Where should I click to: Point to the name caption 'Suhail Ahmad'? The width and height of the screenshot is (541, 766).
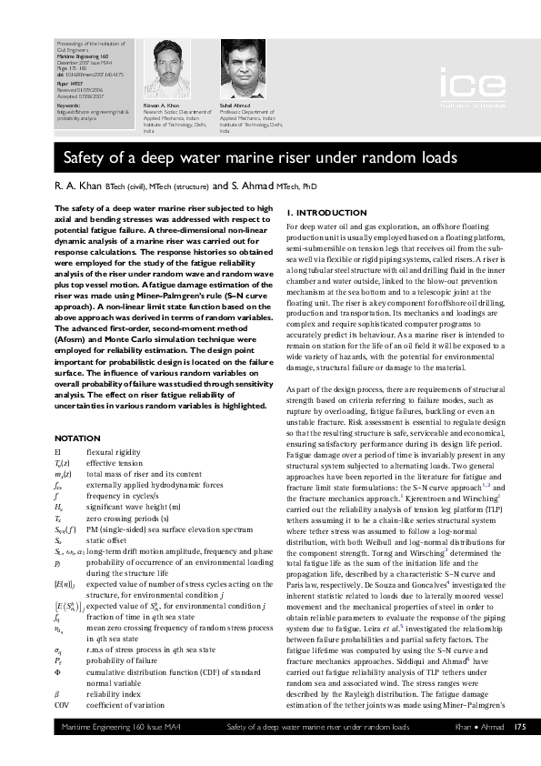click(235, 106)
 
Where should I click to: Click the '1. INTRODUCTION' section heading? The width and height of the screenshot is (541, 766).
click(322, 213)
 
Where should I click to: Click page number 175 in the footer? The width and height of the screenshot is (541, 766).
click(519, 752)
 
